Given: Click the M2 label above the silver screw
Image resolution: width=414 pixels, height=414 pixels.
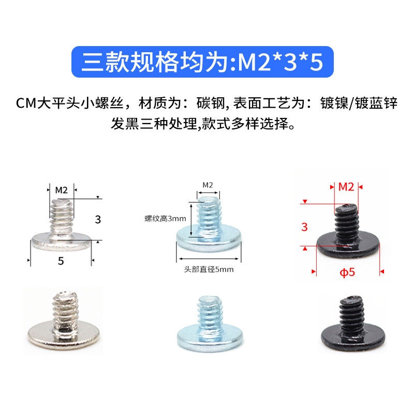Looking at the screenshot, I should point(62,190).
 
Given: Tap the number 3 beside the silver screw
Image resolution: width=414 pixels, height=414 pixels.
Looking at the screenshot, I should point(98,219).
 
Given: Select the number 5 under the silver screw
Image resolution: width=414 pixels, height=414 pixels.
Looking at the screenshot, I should point(61,261).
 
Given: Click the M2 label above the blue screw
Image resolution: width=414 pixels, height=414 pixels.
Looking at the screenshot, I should point(208,185).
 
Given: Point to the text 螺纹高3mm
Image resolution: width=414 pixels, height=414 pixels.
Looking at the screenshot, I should point(165,218).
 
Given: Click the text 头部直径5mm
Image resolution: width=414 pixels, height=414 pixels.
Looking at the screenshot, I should point(209,270).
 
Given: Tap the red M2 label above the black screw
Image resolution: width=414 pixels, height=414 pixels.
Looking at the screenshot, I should point(346,187).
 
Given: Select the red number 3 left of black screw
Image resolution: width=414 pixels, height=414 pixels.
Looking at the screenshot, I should point(304,226).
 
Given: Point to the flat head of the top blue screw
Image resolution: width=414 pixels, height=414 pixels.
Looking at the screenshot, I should point(209,241).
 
